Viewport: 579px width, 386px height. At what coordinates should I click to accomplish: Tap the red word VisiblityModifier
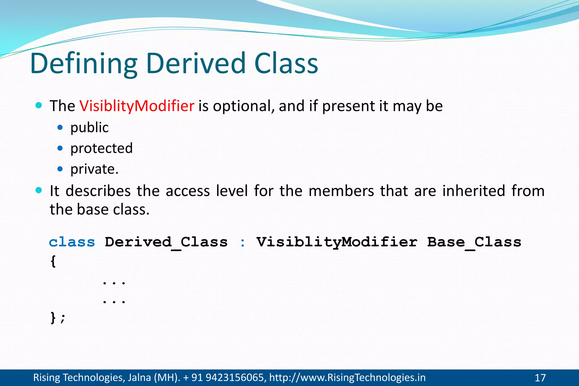(137, 106)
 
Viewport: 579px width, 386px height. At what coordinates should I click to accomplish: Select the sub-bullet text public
(89, 127)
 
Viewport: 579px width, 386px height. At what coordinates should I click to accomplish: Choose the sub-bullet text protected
(101, 148)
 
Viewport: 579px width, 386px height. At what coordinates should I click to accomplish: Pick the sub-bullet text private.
(94, 169)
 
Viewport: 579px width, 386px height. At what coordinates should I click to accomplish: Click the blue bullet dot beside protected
(60, 148)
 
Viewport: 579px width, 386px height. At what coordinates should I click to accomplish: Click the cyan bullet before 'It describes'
(39, 190)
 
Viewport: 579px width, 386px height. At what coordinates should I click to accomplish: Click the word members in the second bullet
(341, 191)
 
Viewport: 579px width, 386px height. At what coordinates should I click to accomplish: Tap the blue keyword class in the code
(72, 242)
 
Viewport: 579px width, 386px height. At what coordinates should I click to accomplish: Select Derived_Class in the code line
(166, 242)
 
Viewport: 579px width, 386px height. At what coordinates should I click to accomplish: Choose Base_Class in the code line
(474, 242)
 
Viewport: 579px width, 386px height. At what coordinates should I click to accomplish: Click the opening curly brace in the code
(53, 261)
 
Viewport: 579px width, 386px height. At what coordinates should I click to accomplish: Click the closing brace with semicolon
(57, 318)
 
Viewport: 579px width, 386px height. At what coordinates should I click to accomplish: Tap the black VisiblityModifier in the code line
(337, 242)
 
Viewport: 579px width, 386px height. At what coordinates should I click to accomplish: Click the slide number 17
(540, 378)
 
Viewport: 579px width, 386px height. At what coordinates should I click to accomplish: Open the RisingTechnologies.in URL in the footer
(347, 378)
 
